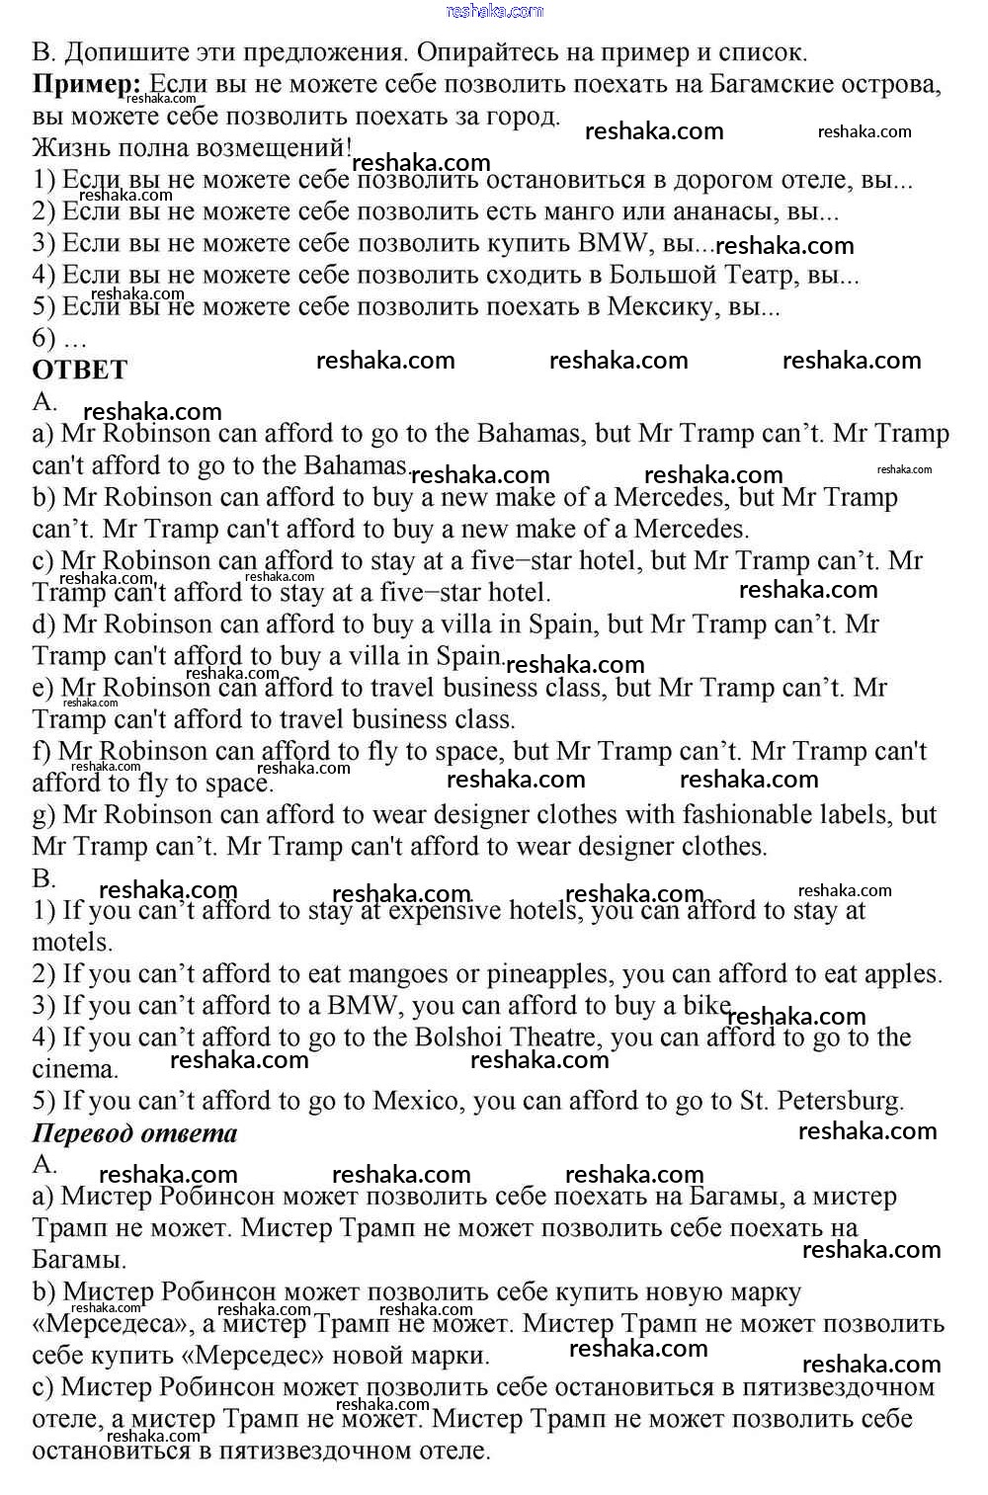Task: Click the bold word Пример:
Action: point(87,84)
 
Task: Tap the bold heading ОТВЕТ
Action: point(80,370)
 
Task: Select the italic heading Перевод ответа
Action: point(134,1132)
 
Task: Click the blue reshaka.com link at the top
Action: point(495,11)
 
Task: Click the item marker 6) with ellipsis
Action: point(59,338)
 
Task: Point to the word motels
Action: point(72,942)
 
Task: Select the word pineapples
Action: point(547,974)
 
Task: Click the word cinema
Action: point(74,1069)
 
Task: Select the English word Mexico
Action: point(417,1101)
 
